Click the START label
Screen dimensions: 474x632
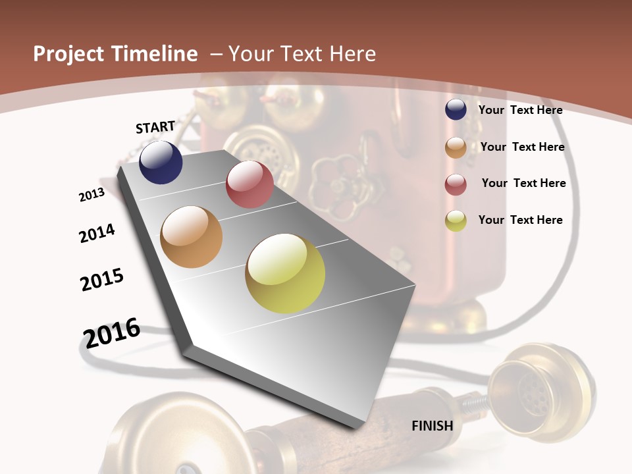(x=155, y=127)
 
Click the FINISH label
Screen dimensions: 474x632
(x=433, y=425)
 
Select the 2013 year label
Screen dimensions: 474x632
(x=92, y=195)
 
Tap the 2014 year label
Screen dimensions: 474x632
(x=97, y=233)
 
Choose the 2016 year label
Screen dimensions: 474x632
(x=112, y=332)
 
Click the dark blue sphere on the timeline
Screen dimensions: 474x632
(x=161, y=163)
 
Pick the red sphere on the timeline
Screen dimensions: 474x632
(x=250, y=184)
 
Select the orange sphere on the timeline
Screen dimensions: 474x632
(x=192, y=237)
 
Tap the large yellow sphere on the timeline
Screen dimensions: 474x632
(x=285, y=273)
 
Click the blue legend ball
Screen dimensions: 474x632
(x=456, y=110)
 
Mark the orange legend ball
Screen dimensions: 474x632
(x=456, y=147)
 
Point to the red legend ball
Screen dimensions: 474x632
(x=456, y=184)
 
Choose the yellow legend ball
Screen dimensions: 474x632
(x=456, y=221)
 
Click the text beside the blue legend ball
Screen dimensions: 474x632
(x=520, y=110)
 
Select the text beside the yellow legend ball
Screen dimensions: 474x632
(x=520, y=220)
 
